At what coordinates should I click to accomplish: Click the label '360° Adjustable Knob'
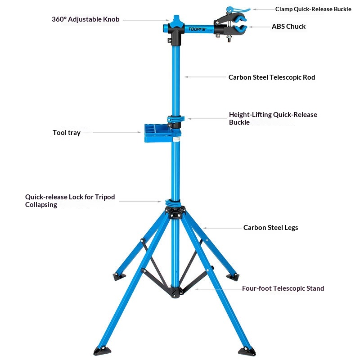[85, 19]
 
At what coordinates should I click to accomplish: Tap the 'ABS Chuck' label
[288, 27]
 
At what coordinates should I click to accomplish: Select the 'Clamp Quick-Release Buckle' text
[313, 9]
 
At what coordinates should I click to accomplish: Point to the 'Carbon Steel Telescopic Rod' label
[272, 77]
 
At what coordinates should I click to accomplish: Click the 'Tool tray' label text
[66, 133]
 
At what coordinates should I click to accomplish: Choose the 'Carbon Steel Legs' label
[271, 228]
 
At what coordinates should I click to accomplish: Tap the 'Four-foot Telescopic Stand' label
[283, 288]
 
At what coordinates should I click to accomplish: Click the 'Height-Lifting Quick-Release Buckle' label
[273, 118]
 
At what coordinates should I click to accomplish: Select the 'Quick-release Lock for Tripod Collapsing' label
[70, 201]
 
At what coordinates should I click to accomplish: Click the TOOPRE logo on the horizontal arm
[197, 29]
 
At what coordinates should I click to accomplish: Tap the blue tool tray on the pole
[158, 133]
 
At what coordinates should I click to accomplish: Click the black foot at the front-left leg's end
[102, 351]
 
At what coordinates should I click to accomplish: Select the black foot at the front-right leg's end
[247, 351]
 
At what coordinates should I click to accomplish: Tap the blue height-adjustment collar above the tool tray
[175, 119]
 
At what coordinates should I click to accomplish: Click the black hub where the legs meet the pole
[175, 212]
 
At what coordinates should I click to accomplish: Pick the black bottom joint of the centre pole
[175, 292]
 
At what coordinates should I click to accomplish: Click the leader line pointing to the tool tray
[117, 132]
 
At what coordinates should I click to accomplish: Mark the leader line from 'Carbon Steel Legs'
[222, 228]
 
